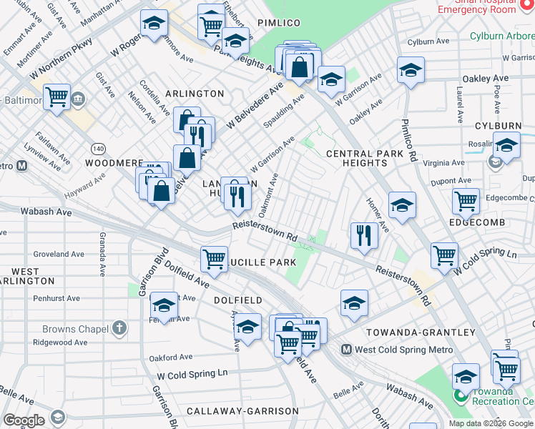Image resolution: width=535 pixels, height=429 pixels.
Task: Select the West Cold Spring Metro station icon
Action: [346, 350]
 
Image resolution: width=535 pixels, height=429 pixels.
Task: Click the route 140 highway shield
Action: [98, 148]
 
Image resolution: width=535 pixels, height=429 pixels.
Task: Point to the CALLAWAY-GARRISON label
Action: [242, 411]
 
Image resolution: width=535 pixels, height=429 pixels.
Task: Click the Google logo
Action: [24, 420]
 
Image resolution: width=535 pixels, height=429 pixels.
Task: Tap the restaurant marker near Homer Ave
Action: [365, 236]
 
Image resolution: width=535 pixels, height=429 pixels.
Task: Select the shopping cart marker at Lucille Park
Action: [214, 259]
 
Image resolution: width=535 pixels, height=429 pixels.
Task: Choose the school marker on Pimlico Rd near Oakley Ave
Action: [411, 71]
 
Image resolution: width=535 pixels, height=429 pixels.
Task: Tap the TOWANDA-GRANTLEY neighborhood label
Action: [420, 332]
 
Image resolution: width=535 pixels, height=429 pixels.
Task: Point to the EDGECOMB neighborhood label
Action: [477, 222]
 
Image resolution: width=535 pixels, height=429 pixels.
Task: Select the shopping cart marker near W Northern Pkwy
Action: [57, 97]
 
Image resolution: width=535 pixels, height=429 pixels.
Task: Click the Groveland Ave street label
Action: [59, 254]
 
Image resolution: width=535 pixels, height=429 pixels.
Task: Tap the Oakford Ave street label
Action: [170, 357]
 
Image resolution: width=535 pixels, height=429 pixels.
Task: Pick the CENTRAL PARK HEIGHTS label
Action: [356, 158]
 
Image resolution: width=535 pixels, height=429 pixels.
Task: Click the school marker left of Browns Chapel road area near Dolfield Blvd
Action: [164, 307]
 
